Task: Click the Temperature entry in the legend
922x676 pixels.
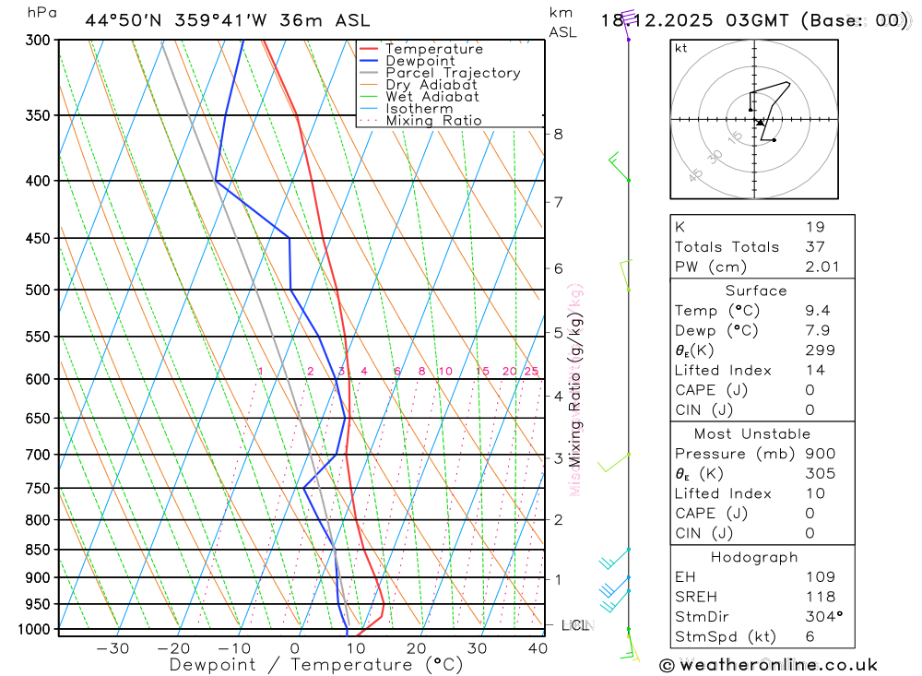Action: pyautogui.click(x=433, y=49)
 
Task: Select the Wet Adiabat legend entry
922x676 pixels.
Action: pyautogui.click(x=431, y=97)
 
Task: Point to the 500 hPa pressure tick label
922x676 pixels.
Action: pyautogui.click(x=37, y=290)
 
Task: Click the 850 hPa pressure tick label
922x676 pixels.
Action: pyautogui.click(x=37, y=550)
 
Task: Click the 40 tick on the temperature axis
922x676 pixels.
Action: pyautogui.click(x=538, y=648)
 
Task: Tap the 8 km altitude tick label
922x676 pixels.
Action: pyautogui.click(x=558, y=134)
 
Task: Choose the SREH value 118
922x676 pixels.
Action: pyautogui.click(x=819, y=597)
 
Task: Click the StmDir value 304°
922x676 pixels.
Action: pyautogui.click(x=822, y=617)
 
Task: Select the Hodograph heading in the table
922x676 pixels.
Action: pyautogui.click(x=755, y=557)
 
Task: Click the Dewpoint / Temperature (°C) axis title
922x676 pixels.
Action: pyautogui.click(x=315, y=665)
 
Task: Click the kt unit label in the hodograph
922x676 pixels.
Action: pyautogui.click(x=681, y=48)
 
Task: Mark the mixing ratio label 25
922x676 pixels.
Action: pyautogui.click(x=531, y=372)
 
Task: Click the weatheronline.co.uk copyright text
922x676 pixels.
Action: pyautogui.click(x=769, y=665)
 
